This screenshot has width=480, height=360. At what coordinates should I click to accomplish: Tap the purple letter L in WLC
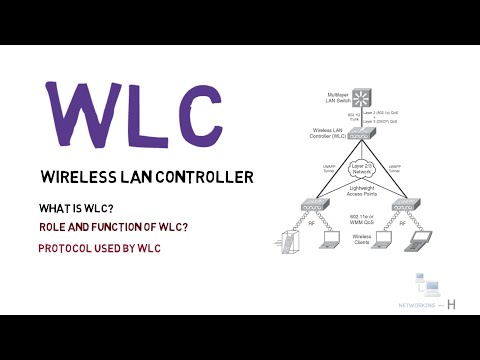point(145,112)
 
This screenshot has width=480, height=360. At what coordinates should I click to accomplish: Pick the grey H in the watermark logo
point(453,304)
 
